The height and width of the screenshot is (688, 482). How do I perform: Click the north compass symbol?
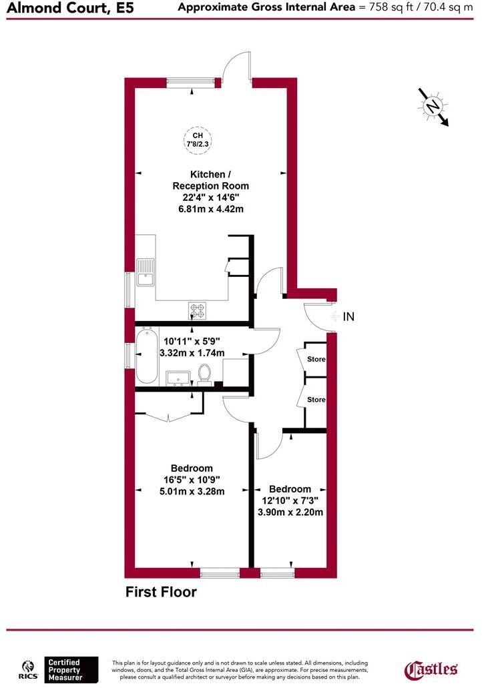point(434,107)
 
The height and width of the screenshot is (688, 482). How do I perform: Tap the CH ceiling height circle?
point(198,137)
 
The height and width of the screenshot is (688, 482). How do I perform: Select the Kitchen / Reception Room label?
point(210,180)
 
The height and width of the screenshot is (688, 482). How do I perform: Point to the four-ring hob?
point(198,310)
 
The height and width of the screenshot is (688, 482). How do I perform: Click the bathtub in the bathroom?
point(147,355)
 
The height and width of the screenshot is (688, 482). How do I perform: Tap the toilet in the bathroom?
point(206,375)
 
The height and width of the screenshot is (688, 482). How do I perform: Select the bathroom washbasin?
point(178,378)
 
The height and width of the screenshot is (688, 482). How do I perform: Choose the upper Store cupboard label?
point(316,359)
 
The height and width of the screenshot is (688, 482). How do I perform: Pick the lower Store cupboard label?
point(316,400)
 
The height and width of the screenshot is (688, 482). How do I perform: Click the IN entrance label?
point(348,317)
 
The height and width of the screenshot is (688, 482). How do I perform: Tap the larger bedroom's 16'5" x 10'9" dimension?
point(191,479)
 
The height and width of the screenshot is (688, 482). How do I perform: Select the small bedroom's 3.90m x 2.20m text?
point(290,512)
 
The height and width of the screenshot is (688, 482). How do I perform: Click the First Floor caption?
point(161,592)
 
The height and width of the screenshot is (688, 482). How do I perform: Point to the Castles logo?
point(432,669)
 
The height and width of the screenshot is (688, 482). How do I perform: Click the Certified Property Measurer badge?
point(63,669)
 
